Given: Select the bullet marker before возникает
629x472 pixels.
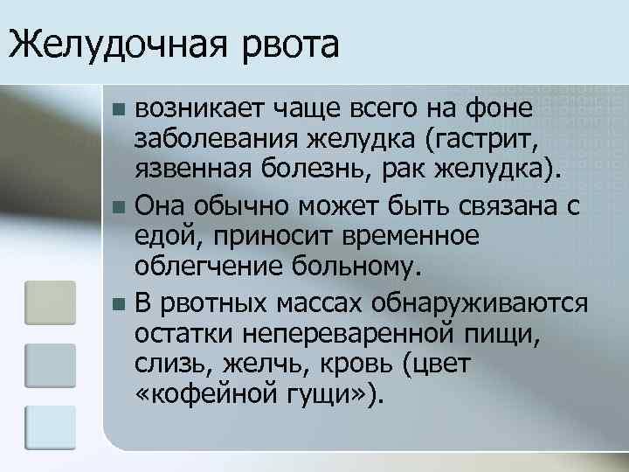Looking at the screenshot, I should [120, 111].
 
